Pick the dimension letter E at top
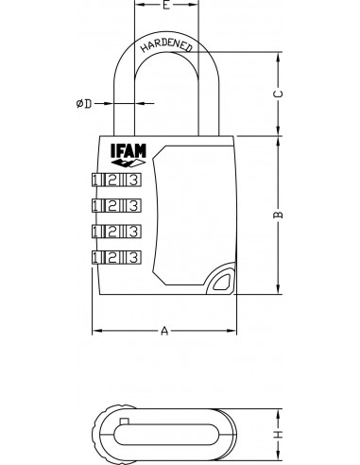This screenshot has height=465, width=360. pyautogui.click(x=165, y=6)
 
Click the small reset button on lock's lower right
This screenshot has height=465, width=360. pyautogui.click(x=223, y=281)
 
